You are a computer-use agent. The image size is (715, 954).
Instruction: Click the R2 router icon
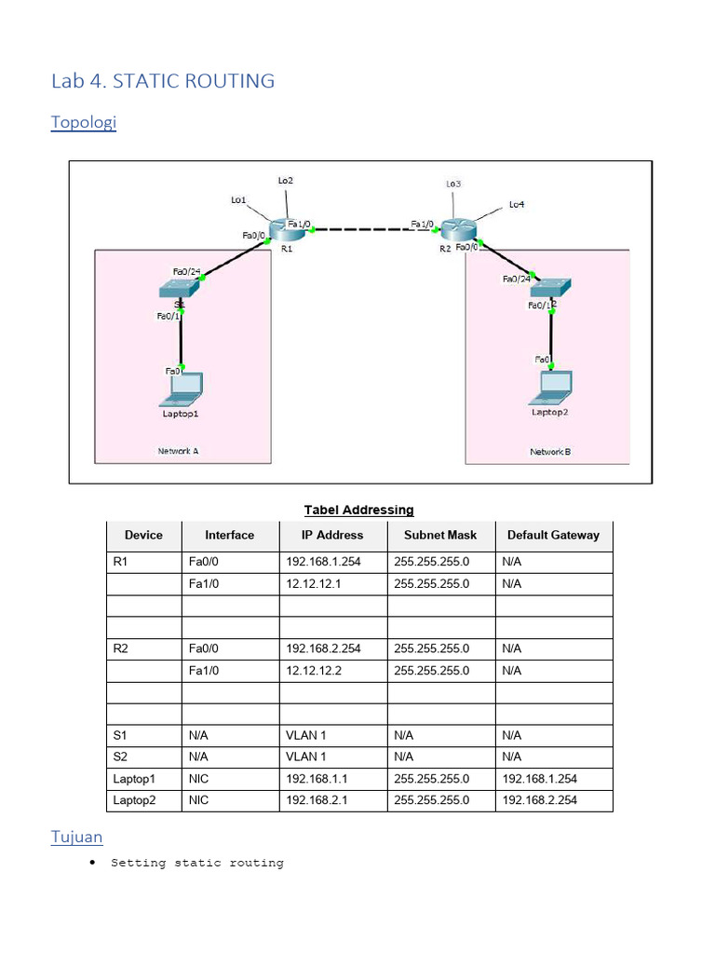[457, 229]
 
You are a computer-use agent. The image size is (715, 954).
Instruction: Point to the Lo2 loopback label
[286, 180]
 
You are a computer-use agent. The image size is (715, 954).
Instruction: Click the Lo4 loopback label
[517, 204]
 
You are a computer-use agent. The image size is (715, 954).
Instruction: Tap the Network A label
[178, 451]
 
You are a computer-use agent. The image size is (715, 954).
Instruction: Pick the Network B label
[550, 452]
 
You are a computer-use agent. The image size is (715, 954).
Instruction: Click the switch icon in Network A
[179, 290]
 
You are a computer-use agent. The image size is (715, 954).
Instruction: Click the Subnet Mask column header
[440, 535]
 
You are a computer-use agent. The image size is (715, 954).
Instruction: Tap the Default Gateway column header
[553, 535]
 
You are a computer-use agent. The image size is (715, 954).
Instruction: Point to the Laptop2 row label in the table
[135, 800]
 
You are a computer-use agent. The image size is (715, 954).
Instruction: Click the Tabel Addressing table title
[358, 510]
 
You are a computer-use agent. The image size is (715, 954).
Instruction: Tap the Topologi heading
[84, 123]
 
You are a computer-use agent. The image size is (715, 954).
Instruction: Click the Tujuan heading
[76, 837]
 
